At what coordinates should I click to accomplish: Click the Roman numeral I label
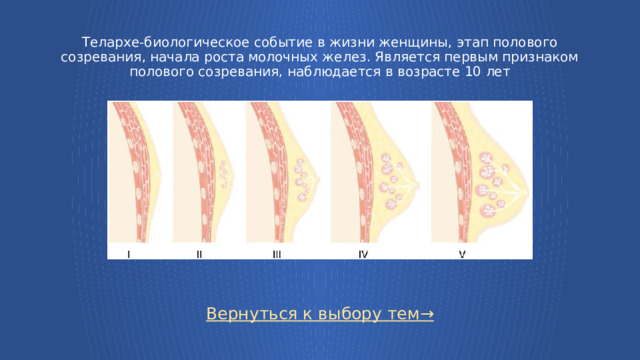pyautogui.click(x=129, y=254)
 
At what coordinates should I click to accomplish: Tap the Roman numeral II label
pyautogui.click(x=199, y=254)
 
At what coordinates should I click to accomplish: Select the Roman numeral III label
pyautogui.click(x=276, y=254)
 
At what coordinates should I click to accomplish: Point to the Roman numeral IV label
pyautogui.click(x=363, y=254)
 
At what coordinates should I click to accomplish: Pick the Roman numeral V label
pyautogui.click(x=462, y=254)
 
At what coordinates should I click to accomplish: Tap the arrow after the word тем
pyautogui.click(x=427, y=314)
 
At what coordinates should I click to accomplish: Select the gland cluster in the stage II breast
pyautogui.click(x=226, y=176)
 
